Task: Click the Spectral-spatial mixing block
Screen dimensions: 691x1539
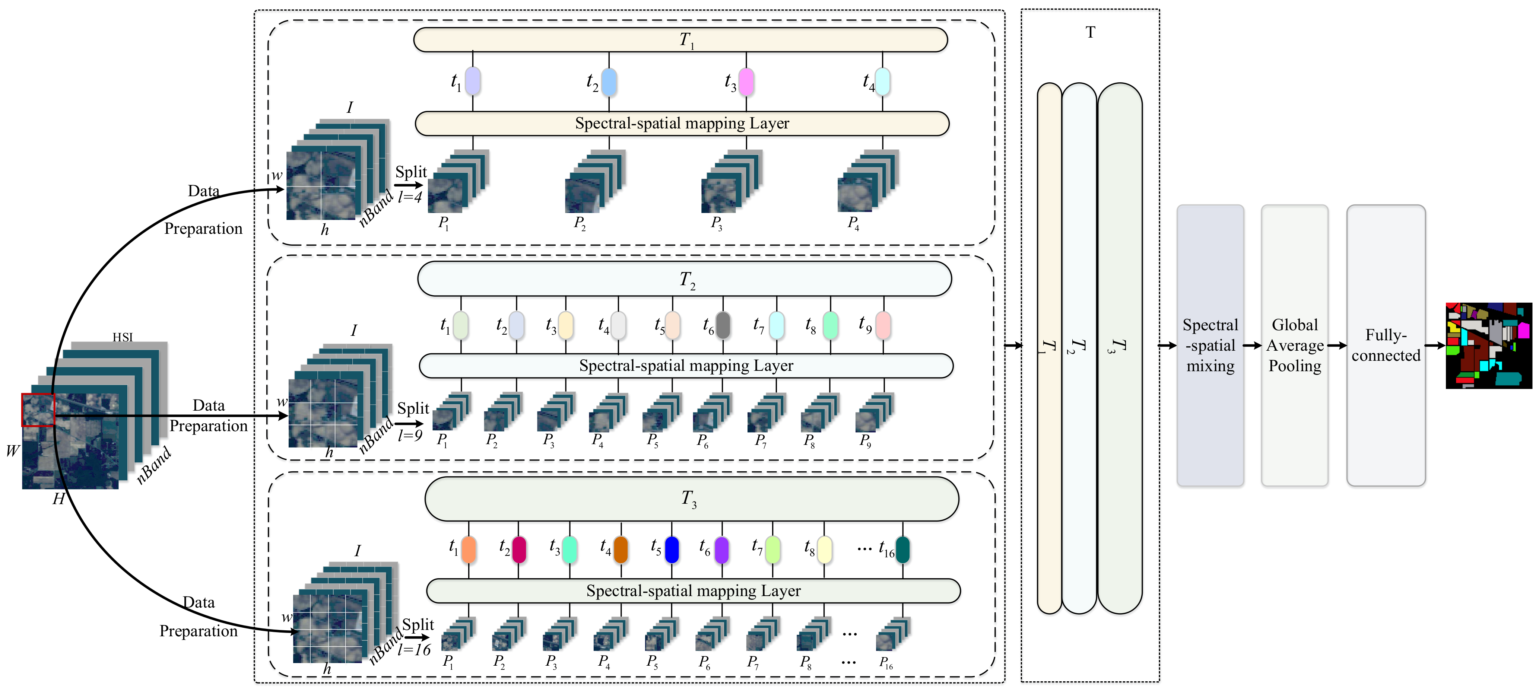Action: (1210, 345)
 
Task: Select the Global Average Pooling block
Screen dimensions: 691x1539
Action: (1294, 345)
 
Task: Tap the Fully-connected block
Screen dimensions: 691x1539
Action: (1386, 345)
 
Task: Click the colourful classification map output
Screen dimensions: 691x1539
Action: (1488, 345)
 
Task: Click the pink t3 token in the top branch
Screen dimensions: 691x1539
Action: (746, 82)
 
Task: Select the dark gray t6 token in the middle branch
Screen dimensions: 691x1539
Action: (723, 325)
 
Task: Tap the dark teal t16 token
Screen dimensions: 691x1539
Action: (902, 550)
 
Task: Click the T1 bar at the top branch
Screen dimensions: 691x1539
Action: (680, 40)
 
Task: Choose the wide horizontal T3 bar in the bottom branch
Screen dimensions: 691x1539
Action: (691, 499)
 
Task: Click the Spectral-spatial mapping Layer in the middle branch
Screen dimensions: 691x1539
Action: (686, 366)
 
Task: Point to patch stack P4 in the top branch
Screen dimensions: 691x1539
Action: (866, 182)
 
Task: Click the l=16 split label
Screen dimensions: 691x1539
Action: (414, 650)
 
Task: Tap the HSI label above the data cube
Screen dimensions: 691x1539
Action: (123, 337)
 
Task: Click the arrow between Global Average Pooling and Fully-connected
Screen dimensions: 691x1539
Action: (1337, 345)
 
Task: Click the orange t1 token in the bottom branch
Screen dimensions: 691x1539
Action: (469, 550)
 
